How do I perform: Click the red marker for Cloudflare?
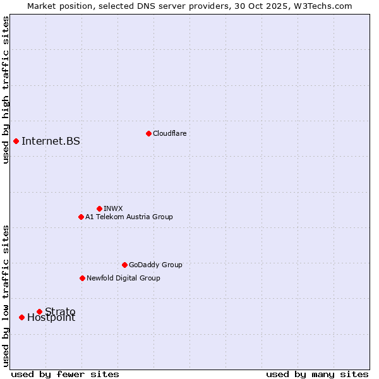(148, 133)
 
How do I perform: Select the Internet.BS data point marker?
(16, 141)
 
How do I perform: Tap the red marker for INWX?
(99, 208)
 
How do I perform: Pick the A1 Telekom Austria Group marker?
(81, 217)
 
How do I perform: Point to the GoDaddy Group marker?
(124, 265)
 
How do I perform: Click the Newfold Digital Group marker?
(82, 278)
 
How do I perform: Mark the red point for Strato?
(39, 311)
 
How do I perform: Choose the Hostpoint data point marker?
(21, 317)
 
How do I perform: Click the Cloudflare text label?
(169, 133)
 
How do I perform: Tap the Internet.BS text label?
(51, 141)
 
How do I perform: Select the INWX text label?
(113, 208)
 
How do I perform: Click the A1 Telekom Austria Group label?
(129, 217)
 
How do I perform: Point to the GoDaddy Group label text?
(155, 265)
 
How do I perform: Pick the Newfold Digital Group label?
(123, 278)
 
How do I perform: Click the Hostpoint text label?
(51, 318)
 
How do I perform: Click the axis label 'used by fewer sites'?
(65, 374)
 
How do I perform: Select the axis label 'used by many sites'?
(317, 374)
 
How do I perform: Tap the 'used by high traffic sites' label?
(6, 90)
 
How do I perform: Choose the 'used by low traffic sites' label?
(6, 295)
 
